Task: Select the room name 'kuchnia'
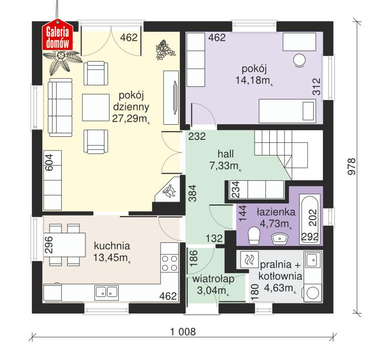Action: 112,246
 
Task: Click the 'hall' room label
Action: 226,153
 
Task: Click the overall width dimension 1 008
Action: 182,332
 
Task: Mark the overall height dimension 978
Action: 353,167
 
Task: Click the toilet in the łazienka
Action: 254,235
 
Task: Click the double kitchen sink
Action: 107,291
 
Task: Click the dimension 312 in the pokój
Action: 317,87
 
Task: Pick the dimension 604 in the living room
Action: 49,163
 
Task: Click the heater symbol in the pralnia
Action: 249,261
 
